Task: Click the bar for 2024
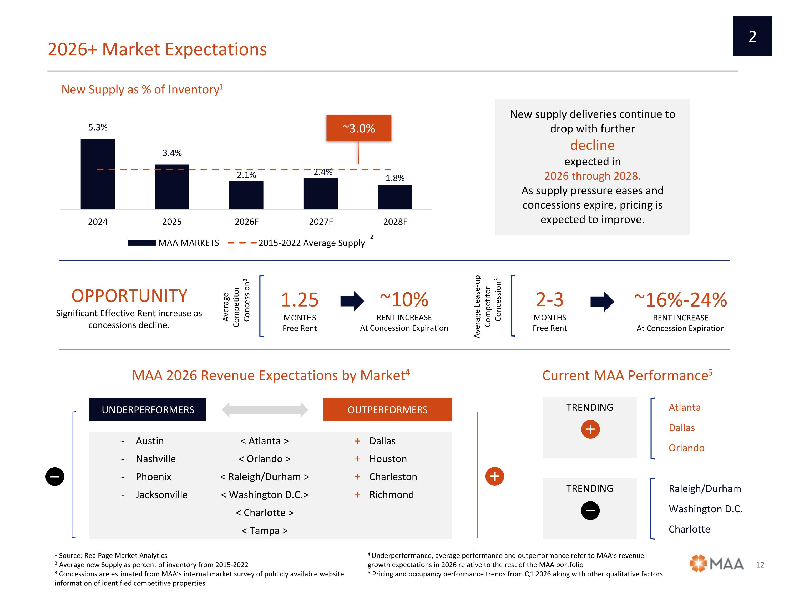click(98, 174)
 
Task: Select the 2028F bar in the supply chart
click(395, 197)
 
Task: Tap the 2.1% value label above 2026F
click(246, 175)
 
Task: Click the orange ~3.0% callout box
click(359, 128)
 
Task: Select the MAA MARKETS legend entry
click(174, 243)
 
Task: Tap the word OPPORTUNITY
click(129, 296)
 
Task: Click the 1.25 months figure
click(300, 299)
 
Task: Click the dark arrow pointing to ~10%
click(352, 301)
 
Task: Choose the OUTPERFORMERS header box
click(387, 409)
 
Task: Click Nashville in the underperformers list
click(156, 459)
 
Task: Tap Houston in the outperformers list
click(388, 459)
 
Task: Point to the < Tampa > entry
click(265, 531)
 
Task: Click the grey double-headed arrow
click(265, 410)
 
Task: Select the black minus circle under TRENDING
click(590, 511)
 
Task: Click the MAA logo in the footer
click(717, 564)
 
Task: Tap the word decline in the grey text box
click(593, 145)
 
